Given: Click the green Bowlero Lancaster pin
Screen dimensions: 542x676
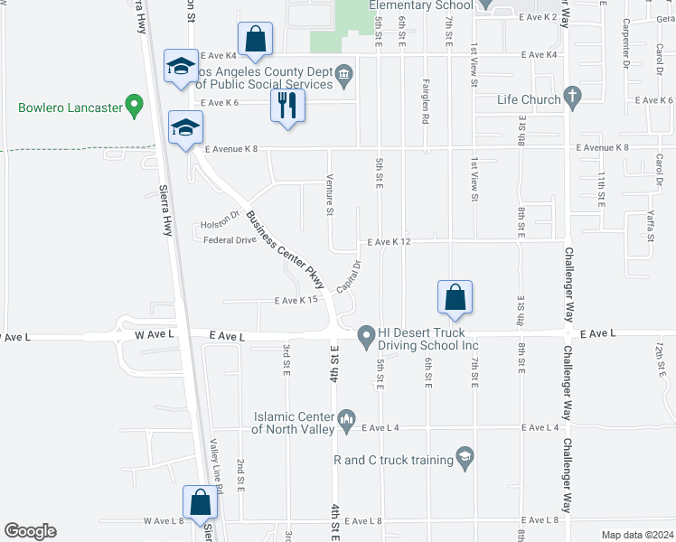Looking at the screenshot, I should point(135,106).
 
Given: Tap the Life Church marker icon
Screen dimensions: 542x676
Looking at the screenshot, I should point(571,95).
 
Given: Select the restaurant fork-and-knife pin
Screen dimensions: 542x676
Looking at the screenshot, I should point(288,106).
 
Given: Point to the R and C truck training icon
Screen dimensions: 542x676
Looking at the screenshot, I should point(465,459).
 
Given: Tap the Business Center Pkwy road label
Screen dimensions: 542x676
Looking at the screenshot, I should point(285,249).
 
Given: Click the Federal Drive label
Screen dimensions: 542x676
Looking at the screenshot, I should point(230,240).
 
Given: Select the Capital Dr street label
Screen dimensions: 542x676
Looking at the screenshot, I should point(350,276).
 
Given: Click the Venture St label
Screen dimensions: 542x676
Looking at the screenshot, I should point(331,194).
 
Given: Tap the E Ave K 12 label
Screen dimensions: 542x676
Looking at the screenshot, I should point(390,242).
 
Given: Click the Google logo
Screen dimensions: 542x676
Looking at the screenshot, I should point(31,531).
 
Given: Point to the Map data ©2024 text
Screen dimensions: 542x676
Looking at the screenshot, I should point(637,535).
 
